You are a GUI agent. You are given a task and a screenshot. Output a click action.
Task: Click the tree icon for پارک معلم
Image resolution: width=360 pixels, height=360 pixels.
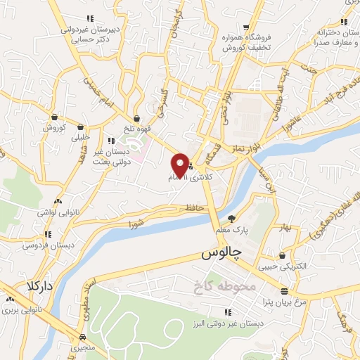coord(231,218)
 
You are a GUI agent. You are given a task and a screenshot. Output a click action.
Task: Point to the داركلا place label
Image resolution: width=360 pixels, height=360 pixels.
coord(39,286)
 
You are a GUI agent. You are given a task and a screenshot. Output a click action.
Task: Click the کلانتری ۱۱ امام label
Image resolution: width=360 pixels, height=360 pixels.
coord(188,179)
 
